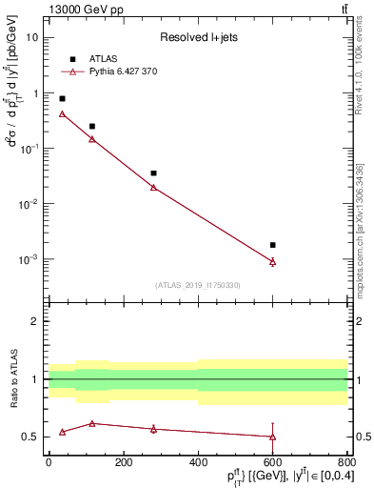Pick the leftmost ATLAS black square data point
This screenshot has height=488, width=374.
click(62, 98)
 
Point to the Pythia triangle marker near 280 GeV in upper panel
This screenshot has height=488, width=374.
click(153, 187)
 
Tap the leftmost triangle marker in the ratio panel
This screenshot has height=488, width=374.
click(62, 432)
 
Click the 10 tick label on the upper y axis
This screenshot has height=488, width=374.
click(33, 37)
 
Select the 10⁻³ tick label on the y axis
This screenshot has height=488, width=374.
click(30, 259)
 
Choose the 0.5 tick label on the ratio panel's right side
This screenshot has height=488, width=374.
click(363, 437)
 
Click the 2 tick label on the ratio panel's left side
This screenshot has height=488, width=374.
click(35, 321)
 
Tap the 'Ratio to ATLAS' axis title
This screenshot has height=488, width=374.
click(13, 379)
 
